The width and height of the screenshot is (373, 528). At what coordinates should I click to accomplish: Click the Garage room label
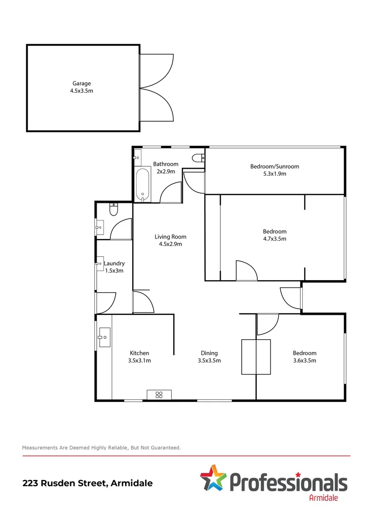(x=82, y=84)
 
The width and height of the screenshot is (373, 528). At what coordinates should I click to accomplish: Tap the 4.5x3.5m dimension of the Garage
(x=82, y=91)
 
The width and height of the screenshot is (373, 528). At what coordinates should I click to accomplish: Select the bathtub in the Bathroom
(x=143, y=184)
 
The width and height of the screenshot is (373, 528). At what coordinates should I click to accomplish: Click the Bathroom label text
(x=166, y=164)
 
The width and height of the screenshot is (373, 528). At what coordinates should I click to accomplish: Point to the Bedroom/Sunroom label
(x=274, y=166)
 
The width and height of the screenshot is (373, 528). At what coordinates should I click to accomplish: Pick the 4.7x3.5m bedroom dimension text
(x=274, y=239)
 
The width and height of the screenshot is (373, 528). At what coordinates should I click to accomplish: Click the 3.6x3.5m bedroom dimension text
(x=304, y=361)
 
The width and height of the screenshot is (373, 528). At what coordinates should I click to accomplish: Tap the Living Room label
(x=170, y=237)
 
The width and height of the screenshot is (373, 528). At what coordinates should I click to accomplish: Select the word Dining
(x=209, y=353)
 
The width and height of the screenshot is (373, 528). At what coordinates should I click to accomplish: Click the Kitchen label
(x=139, y=353)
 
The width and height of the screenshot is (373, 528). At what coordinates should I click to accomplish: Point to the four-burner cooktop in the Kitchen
(x=159, y=395)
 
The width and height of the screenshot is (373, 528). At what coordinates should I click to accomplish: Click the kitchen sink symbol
(x=104, y=337)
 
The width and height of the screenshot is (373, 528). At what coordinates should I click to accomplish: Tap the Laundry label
(x=114, y=264)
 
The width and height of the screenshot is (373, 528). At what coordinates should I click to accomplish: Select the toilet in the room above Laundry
(x=114, y=210)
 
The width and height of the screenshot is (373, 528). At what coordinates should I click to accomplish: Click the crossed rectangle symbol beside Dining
(x=256, y=357)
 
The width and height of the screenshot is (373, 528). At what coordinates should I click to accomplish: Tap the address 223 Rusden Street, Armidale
(x=87, y=483)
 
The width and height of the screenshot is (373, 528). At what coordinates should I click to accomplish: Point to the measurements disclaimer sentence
(x=102, y=447)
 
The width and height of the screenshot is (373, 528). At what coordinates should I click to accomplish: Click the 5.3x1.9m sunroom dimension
(x=274, y=174)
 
